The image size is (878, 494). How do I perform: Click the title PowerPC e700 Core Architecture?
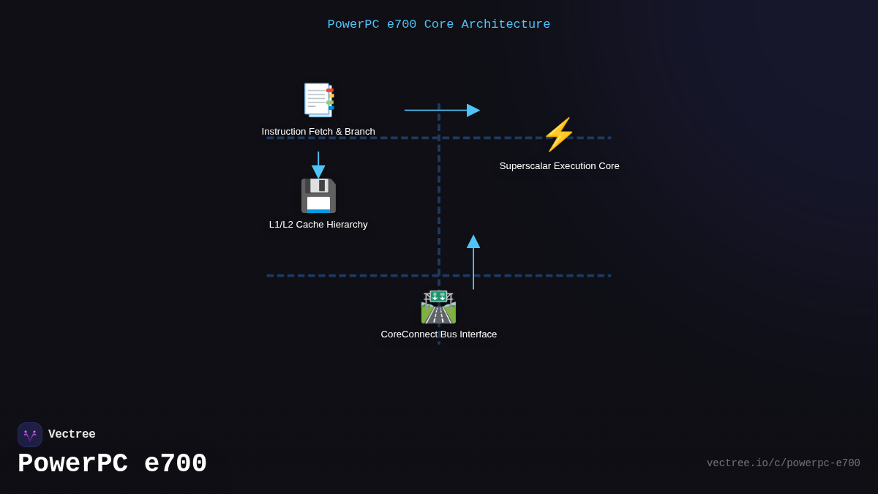click(x=438, y=24)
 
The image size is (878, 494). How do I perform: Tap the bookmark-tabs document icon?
click(x=318, y=100)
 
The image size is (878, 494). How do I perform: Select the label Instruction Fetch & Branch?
click(x=318, y=132)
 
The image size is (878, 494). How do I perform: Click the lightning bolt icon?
click(x=559, y=135)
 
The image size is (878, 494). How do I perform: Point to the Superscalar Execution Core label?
click(x=559, y=166)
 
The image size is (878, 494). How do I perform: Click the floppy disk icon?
click(x=318, y=195)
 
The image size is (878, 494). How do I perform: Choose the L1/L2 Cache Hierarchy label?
click(x=318, y=225)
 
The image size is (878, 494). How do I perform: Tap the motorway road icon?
click(x=438, y=307)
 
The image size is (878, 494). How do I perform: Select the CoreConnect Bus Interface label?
click(x=438, y=334)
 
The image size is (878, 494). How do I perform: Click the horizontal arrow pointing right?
click(x=442, y=111)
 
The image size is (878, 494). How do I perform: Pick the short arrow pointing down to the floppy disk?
click(x=318, y=165)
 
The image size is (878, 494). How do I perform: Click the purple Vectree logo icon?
click(x=30, y=435)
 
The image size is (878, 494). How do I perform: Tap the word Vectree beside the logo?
click(x=72, y=435)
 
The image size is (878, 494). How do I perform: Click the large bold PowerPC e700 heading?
click(x=112, y=464)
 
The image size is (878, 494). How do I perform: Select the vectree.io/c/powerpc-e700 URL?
click(x=783, y=463)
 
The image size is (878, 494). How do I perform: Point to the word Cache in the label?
click(x=310, y=225)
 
